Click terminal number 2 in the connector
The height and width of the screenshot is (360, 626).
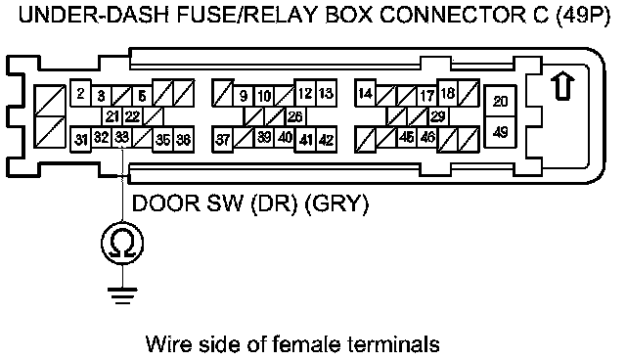80,94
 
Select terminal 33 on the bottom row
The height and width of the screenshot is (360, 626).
121,138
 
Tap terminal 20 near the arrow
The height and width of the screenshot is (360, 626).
500,102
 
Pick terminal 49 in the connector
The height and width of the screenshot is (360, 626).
500,132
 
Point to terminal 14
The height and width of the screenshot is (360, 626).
365,94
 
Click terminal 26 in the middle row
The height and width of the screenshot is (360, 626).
295,116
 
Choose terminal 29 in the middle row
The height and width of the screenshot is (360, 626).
438,116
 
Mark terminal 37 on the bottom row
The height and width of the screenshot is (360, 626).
222,140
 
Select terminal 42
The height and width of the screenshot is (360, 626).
327,140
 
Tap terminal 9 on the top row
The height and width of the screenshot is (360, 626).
244,96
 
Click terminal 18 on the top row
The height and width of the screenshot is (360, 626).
448,93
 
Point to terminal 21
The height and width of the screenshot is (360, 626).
112,116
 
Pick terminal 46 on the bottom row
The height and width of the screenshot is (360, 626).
427,137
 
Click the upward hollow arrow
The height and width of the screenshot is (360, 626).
562,85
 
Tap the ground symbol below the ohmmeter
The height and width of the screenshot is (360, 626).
122,295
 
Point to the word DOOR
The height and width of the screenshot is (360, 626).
165,203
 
